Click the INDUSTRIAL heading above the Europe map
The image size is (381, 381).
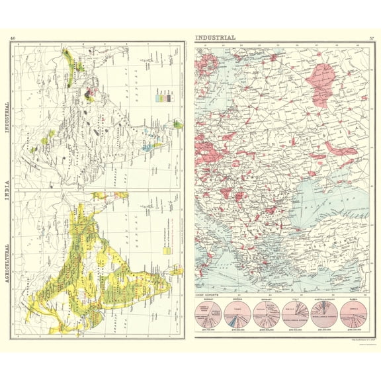(x=215, y=38)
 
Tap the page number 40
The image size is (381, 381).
(x=13, y=38)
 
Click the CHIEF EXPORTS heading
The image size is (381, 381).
(x=208, y=293)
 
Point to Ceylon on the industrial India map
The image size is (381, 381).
(x=177, y=123)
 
